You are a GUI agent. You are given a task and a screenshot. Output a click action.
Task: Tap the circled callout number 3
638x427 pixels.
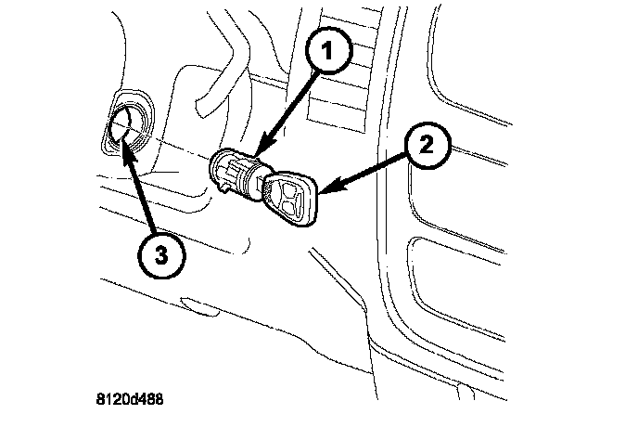(x=159, y=256)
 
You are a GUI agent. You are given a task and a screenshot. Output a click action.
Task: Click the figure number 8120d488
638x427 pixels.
(x=133, y=401)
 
